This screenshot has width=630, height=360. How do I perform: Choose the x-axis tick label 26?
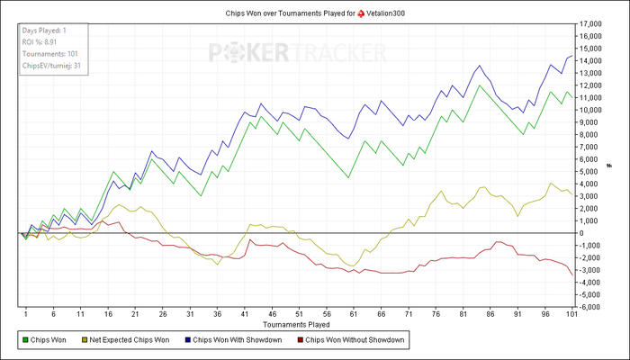click(x=162, y=314)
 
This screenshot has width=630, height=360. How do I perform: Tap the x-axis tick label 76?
click(x=436, y=314)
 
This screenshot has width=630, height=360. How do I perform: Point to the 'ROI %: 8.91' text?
click(x=40, y=41)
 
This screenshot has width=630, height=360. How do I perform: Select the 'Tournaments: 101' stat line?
click(x=49, y=53)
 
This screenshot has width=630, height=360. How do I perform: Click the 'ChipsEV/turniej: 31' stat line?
click(x=51, y=65)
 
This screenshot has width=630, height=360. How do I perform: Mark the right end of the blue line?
click(x=572, y=56)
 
